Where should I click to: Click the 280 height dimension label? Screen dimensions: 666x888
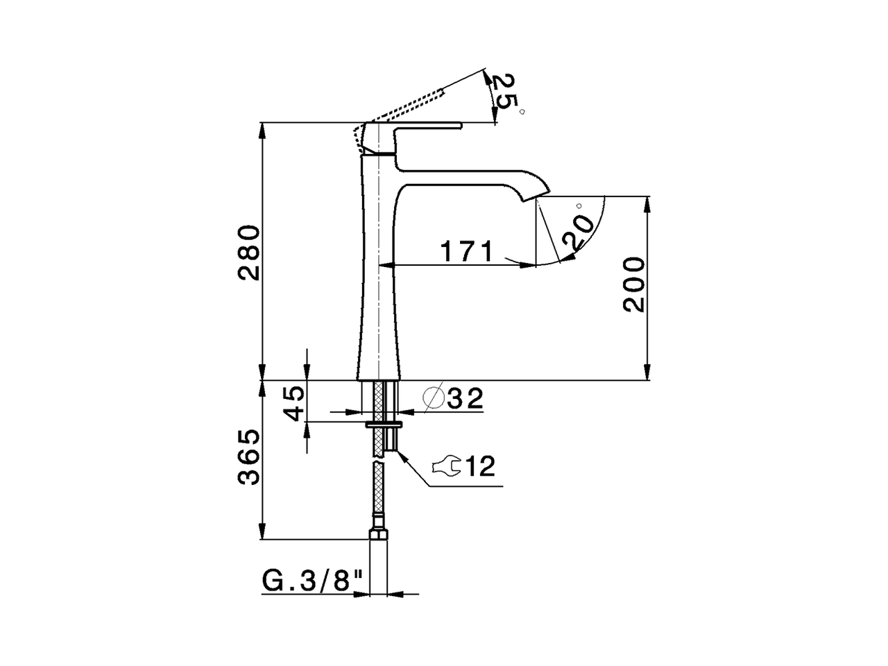click(248, 252)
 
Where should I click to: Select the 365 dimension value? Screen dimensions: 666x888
click(248, 457)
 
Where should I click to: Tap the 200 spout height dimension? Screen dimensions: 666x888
click(633, 284)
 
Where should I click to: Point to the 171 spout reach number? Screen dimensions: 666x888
click(467, 252)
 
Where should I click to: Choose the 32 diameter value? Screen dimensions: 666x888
click(465, 398)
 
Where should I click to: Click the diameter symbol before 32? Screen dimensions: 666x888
click(433, 398)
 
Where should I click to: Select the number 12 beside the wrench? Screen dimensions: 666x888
click(479, 466)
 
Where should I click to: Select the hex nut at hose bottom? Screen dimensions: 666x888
click(378, 534)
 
